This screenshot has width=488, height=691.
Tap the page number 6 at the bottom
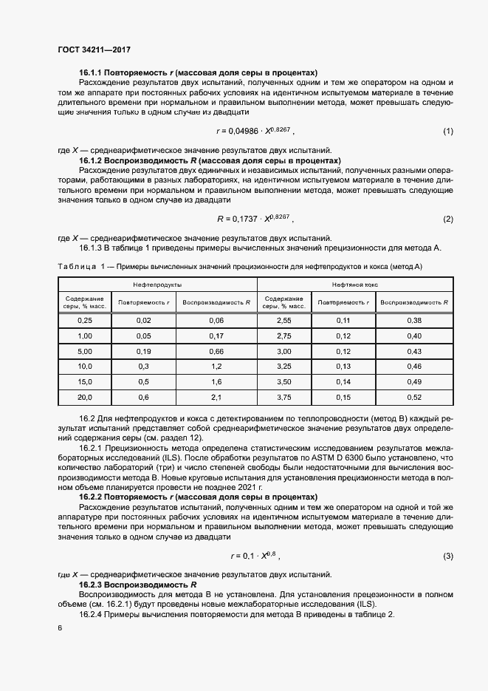(60, 627)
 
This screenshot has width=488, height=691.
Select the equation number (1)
(447, 132)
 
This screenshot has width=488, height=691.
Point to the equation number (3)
(447, 555)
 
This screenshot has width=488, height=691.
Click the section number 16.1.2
(92, 160)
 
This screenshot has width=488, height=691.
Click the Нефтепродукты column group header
(157, 285)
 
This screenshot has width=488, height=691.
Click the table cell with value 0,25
(85, 320)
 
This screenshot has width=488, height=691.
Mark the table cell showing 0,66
(216, 350)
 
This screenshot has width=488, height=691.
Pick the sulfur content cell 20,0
(85, 397)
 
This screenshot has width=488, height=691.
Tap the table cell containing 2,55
(283, 320)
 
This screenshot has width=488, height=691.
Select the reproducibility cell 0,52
(413, 397)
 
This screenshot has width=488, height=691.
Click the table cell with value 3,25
(283, 366)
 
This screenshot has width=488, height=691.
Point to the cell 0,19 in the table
(143, 350)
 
